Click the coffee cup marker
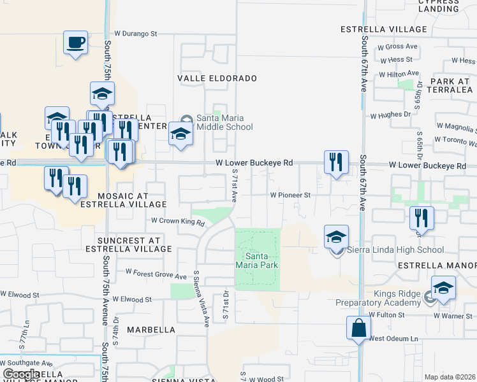pos(76,43)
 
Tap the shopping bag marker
pos(358,329)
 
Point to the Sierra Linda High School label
pos(394,250)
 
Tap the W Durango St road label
pos(135,34)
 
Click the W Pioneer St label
pos(290,195)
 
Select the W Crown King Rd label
pos(177,222)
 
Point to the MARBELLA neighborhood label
pos(151,330)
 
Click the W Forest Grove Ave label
pos(156,274)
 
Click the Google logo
pos(22,374)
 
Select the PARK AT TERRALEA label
pos(442,85)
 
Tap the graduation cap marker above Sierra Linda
pos(336,237)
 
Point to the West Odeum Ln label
pos(392,338)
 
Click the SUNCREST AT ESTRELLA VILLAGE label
pos(134,244)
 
